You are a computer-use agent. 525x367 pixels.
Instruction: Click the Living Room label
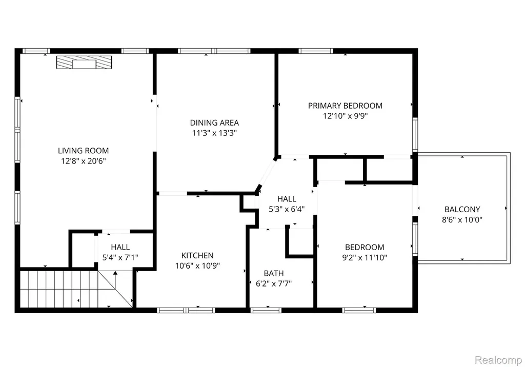[84, 151]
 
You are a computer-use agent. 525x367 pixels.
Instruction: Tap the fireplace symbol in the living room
[84, 63]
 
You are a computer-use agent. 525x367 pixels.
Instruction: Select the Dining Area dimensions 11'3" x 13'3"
[214, 133]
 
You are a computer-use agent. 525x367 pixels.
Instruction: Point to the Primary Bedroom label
[345, 106]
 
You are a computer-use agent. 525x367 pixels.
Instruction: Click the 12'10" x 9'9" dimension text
[345, 116]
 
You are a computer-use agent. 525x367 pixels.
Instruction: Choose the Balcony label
[462, 209]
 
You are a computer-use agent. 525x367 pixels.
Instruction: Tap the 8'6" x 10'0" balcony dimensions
[462, 220]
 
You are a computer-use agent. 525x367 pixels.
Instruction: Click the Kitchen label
[197, 255]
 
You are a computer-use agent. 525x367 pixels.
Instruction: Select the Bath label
[274, 273]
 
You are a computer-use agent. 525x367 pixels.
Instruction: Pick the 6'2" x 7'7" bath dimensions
[274, 283]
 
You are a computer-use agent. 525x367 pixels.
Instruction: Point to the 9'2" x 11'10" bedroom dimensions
[365, 257]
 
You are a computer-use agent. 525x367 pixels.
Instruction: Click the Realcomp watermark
[498, 360]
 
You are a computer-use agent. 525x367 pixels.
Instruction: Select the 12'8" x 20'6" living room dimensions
[84, 161]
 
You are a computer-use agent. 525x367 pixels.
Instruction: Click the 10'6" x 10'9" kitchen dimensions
[197, 266]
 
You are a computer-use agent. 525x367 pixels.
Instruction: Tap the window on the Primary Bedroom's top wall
[316, 51]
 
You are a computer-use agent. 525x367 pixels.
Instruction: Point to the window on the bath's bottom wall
[266, 310]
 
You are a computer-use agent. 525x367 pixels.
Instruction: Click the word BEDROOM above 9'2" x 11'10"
[365, 247]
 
